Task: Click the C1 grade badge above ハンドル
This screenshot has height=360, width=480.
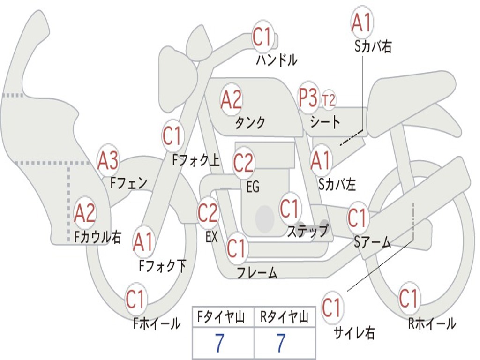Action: coord(263,37)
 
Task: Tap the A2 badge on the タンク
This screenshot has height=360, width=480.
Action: coord(232,99)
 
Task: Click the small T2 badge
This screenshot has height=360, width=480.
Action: coord(329,100)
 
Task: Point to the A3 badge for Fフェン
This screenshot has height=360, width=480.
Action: coord(108,161)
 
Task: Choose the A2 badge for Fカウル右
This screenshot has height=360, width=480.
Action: coord(85,213)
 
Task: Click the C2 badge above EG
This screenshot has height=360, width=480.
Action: coord(243,163)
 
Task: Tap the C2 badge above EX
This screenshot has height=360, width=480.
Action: coord(208,213)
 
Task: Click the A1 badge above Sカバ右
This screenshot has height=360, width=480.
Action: coord(362,22)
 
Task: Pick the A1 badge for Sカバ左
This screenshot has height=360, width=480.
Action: coord(321,161)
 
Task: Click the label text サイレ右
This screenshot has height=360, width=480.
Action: coord(354,333)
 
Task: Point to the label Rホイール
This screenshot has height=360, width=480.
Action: coord(432,323)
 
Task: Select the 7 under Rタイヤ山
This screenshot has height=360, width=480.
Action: coord(281,344)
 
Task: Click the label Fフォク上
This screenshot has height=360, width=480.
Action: coord(195,161)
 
